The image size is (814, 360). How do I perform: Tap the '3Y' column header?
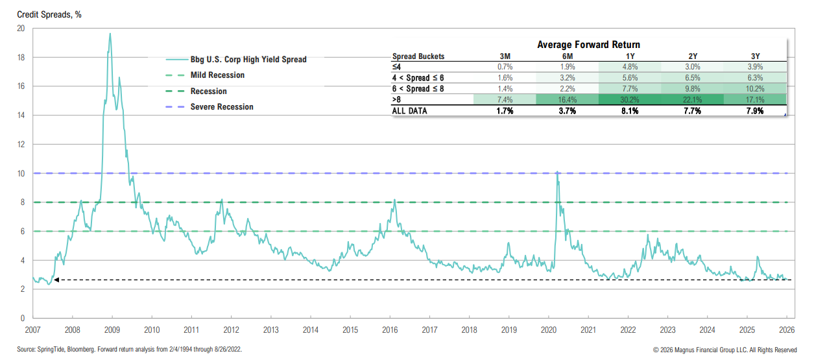click(x=754, y=56)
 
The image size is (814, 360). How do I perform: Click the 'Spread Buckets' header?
click(x=418, y=56)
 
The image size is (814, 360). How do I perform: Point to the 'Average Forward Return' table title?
click(x=588, y=45)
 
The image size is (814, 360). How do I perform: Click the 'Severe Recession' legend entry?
click(x=222, y=106)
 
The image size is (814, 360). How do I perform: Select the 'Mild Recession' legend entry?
click(x=217, y=75)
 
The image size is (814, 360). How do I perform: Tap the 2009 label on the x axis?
click(x=112, y=330)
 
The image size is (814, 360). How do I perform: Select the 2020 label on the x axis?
click(x=549, y=330)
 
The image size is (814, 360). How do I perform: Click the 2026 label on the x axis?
click(x=787, y=330)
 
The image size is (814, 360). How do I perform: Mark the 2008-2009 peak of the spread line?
click(x=110, y=34)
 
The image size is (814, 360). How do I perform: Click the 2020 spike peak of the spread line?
click(x=557, y=172)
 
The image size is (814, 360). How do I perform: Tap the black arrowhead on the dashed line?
click(x=56, y=280)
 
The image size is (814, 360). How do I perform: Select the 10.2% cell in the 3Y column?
click(x=754, y=89)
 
